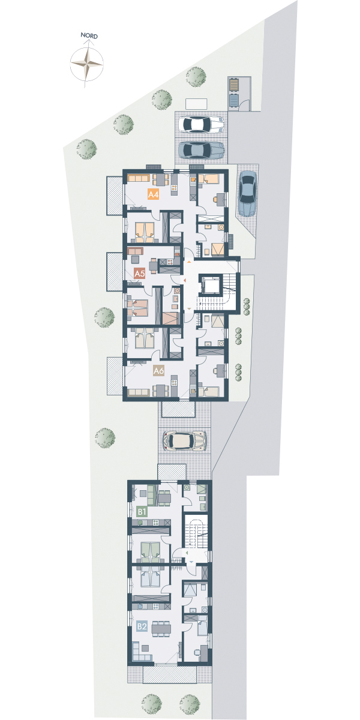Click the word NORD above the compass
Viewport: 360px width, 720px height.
tap(89, 35)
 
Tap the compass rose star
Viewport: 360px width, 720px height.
tap(87, 64)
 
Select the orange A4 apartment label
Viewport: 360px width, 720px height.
tap(154, 194)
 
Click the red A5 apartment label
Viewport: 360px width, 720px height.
tap(139, 274)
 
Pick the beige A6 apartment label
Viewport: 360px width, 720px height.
tap(159, 371)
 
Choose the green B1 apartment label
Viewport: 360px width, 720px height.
tap(142, 511)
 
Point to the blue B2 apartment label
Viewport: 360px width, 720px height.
tap(142, 626)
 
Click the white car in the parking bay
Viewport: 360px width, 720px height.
tap(202, 125)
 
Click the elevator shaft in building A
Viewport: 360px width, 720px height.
tap(211, 284)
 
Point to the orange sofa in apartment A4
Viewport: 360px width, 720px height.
tap(138, 178)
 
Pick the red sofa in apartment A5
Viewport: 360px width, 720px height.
tap(135, 251)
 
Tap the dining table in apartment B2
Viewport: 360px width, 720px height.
tap(161, 628)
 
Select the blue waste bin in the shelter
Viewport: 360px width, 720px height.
tap(233, 100)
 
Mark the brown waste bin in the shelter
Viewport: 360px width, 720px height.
tap(233, 85)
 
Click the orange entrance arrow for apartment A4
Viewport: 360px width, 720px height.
tap(189, 262)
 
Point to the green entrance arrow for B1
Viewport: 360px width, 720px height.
tap(186, 552)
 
